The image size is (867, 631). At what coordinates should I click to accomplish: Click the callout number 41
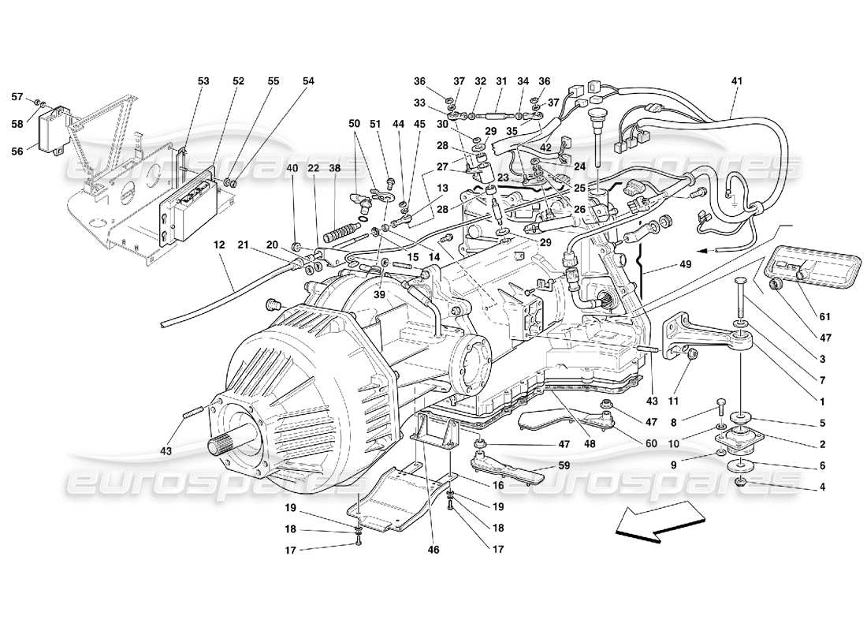coord(737,80)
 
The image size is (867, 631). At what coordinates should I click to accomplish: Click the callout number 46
coord(434,550)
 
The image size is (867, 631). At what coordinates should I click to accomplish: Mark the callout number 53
coord(203,80)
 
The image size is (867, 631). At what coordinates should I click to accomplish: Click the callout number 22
coord(313,167)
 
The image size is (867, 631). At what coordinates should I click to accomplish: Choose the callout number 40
coord(292,167)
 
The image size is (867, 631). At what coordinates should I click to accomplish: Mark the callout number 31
coord(501,80)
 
